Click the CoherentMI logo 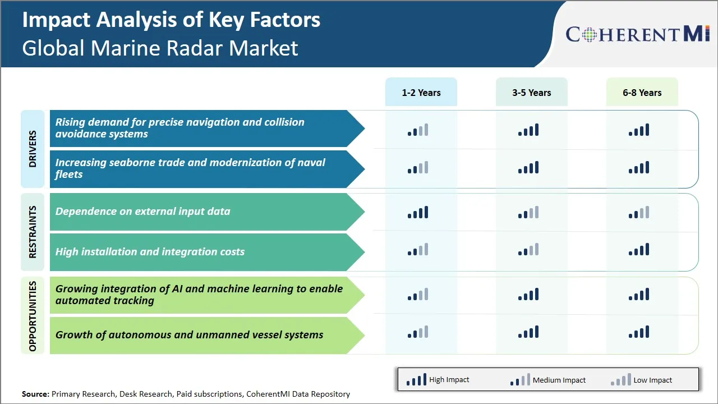(x=638, y=34)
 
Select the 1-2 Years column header (x=421, y=93)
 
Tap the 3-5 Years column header (x=531, y=93)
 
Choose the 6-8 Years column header (x=642, y=93)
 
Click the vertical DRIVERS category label (x=33, y=149)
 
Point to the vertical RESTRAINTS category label (x=33, y=232)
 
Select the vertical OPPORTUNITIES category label (x=33, y=316)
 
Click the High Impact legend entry (x=438, y=380)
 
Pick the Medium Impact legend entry (x=547, y=380)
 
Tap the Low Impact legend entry (x=641, y=380)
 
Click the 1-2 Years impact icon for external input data (x=418, y=212)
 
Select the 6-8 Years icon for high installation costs (x=639, y=250)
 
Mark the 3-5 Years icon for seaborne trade (x=528, y=167)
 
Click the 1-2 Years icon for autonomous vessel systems (x=418, y=332)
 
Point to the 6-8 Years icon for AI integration (x=639, y=294)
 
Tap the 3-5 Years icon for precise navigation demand (x=528, y=130)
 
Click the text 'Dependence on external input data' (x=142, y=212)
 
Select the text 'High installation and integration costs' (x=150, y=252)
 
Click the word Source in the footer (x=35, y=394)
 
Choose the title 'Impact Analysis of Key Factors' (x=171, y=20)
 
